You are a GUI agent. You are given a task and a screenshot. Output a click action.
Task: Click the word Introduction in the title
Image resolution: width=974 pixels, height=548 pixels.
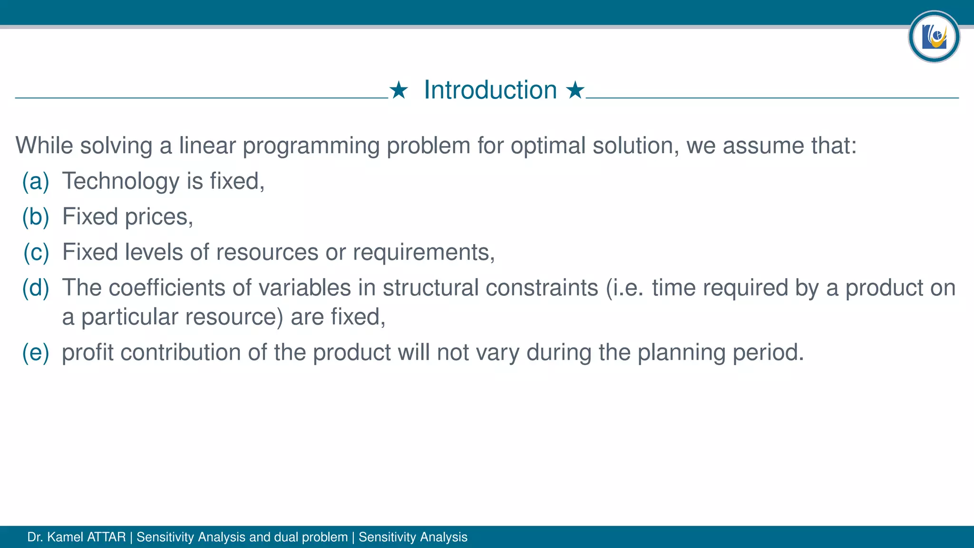(x=490, y=90)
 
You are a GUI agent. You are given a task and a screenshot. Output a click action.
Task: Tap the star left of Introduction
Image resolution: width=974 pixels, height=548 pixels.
(x=399, y=90)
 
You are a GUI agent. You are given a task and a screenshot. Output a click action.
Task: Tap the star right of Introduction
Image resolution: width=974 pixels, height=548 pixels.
(x=575, y=90)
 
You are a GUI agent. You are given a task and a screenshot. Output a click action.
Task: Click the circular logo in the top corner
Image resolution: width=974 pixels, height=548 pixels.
(x=934, y=37)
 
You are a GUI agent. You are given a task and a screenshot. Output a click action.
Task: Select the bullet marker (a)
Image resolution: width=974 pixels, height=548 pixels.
(x=36, y=181)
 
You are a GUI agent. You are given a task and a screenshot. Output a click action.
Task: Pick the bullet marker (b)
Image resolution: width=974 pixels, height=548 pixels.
(x=36, y=217)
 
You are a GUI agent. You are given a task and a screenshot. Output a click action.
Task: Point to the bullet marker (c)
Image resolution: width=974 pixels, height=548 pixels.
(x=36, y=252)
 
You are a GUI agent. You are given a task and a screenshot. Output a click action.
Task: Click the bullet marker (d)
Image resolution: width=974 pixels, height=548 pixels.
(x=36, y=288)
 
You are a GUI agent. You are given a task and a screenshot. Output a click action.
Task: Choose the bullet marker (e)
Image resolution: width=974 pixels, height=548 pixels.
(x=36, y=352)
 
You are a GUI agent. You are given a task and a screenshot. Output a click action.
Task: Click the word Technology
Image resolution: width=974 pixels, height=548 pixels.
(x=121, y=181)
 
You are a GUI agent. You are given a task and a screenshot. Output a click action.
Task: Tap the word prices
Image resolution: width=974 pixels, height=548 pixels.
(x=159, y=217)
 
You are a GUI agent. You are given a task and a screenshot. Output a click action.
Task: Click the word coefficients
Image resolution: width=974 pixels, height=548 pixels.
(x=167, y=288)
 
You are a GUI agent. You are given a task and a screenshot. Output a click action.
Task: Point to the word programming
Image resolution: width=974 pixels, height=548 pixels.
(x=311, y=146)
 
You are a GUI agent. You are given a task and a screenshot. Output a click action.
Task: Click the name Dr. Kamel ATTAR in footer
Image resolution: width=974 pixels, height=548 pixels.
(x=77, y=537)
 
